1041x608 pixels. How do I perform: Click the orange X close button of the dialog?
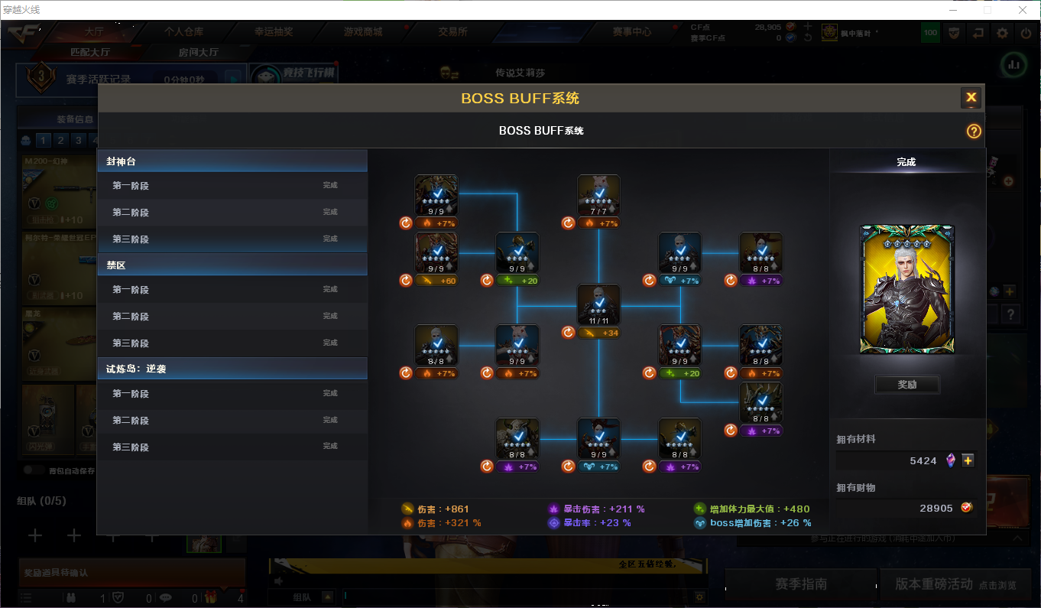point(971,97)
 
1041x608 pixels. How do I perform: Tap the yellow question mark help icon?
point(973,131)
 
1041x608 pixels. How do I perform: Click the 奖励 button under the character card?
point(907,385)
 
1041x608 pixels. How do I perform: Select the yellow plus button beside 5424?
point(968,460)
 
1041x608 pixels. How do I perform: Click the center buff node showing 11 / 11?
point(598,305)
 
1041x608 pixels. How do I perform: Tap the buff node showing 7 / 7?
point(598,196)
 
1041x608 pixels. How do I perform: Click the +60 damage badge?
point(437,281)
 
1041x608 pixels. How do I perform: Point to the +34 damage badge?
point(599,333)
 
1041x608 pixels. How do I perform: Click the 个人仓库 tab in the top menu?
point(184,32)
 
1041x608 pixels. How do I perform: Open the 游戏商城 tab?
point(363,32)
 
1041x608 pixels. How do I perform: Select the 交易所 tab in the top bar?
point(452,32)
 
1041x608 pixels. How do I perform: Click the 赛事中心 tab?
point(631,32)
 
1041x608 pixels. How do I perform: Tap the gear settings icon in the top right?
point(1002,33)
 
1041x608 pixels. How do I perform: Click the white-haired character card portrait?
point(907,288)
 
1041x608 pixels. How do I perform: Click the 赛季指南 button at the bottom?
point(800,584)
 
